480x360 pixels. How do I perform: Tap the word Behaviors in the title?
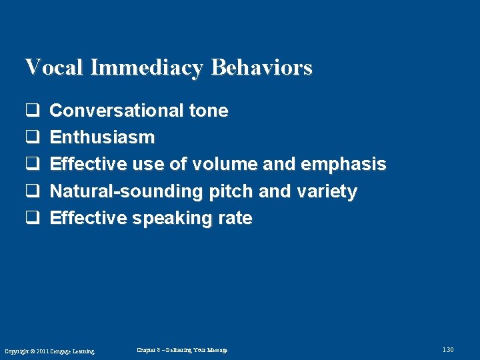(262, 67)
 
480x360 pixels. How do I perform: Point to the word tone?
(209, 111)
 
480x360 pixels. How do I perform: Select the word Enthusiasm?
(102, 137)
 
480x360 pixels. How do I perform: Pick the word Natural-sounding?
(127, 191)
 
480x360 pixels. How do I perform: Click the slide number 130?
(447, 350)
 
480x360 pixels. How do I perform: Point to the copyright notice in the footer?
(49, 351)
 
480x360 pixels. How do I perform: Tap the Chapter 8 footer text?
(182, 350)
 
